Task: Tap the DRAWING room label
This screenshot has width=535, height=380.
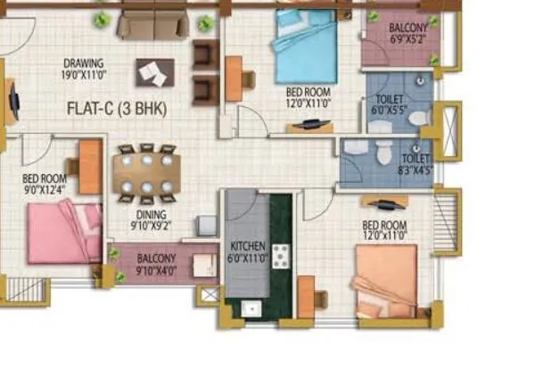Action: [83, 63]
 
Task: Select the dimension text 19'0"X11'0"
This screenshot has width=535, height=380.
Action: [83, 76]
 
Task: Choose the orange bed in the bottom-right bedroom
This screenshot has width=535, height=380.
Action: [385, 281]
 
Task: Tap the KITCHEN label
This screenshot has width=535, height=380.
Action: [247, 246]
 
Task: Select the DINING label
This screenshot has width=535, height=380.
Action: [151, 214]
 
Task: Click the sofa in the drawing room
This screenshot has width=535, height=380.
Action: [152, 23]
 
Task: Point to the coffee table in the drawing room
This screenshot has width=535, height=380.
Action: [155, 72]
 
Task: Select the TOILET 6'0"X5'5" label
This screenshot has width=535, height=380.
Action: [390, 106]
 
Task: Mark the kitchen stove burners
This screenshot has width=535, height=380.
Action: [281, 256]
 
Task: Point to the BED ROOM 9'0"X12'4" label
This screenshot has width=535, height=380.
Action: [44, 184]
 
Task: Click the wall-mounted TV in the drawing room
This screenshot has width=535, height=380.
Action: [12, 99]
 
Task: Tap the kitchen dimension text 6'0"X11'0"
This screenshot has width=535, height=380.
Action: [247, 258]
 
